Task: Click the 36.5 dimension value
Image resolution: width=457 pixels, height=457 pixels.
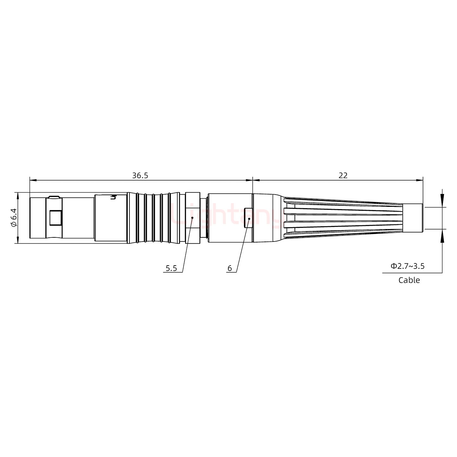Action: [x=140, y=176]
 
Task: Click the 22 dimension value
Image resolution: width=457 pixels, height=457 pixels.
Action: [x=343, y=176]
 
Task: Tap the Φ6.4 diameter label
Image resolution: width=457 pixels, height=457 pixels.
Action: [x=13, y=217]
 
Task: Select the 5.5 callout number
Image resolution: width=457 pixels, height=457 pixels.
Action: [x=171, y=268]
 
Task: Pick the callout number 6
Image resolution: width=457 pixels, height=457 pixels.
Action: [x=229, y=268]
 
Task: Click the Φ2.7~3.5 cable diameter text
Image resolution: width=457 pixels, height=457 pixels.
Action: [x=407, y=266]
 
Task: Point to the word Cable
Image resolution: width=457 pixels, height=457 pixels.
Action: [x=409, y=280]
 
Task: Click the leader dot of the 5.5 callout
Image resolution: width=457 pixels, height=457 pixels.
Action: [x=192, y=218]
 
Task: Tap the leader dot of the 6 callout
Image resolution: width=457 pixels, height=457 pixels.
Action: [x=249, y=219]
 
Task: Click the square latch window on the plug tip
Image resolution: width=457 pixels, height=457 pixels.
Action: [x=56, y=218]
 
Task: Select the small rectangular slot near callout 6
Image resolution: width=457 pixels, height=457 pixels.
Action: [x=248, y=218]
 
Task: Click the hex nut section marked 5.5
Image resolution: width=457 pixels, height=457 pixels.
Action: [x=193, y=218]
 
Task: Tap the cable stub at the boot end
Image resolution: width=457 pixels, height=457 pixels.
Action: [x=413, y=218]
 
